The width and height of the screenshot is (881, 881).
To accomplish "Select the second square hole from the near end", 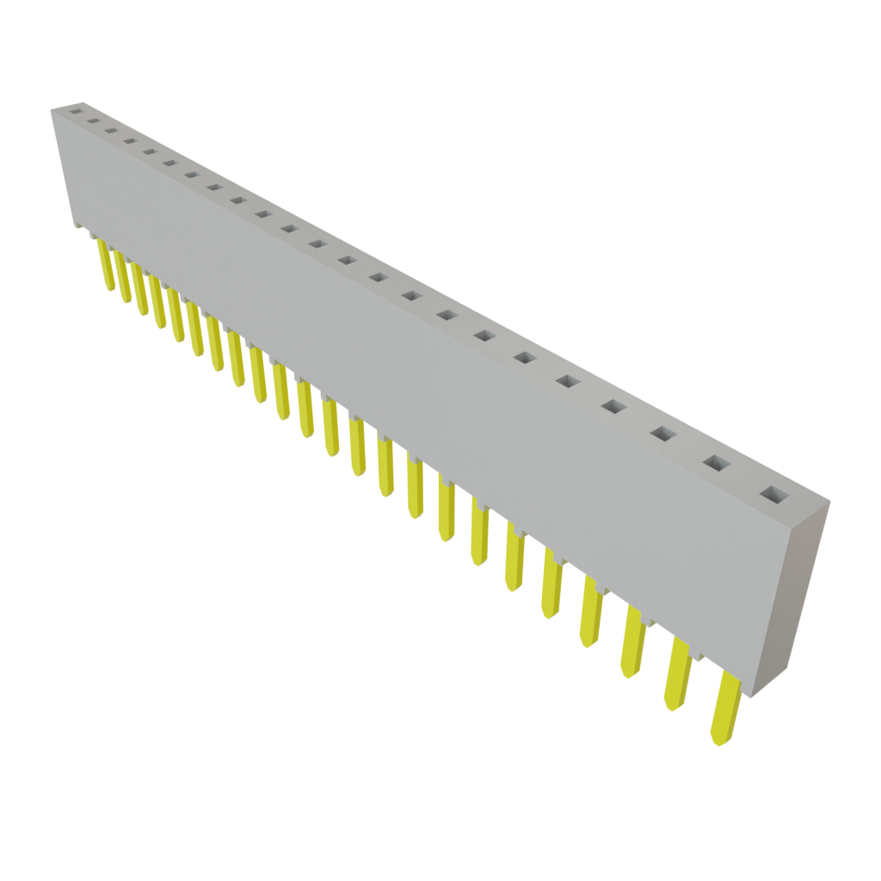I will click(717, 463).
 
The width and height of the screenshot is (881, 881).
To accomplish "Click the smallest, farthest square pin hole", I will click(75, 111).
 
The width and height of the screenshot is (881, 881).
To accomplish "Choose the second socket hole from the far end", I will click(92, 120).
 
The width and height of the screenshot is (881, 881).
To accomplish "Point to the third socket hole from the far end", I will click(110, 130).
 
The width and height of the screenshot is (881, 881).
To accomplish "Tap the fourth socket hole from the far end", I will click(129, 140).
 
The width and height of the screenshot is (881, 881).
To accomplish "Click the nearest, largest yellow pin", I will click(724, 708).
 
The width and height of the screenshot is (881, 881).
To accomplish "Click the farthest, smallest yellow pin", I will click(105, 263).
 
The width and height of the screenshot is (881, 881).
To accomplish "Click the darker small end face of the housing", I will click(789, 594).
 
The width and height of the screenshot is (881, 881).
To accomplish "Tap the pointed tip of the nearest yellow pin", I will click(716, 740).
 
